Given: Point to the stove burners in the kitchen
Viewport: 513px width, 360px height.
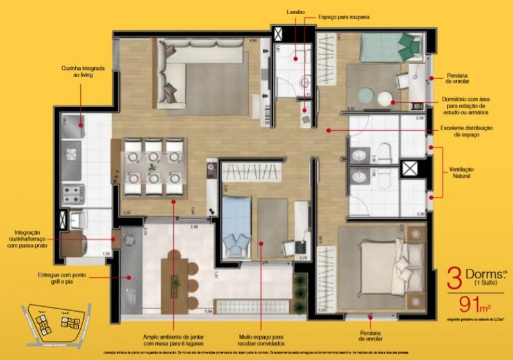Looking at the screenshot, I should point(72,191).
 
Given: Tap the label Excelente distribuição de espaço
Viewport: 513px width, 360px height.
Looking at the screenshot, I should point(466,132).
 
